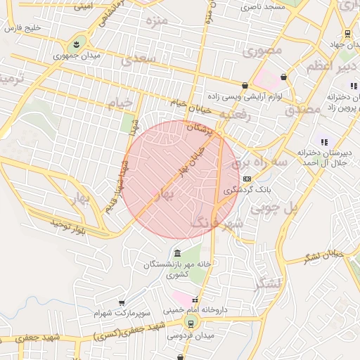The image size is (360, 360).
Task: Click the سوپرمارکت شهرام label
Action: tap(122, 311)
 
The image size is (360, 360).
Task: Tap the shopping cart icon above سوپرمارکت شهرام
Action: tap(122, 302)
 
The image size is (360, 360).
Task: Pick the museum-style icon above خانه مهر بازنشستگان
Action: tap(176, 253)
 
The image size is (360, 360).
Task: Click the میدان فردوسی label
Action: tap(189, 335)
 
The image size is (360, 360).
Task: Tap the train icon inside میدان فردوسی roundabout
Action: tap(189, 324)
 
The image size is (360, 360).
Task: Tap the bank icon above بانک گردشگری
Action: tap(247, 179)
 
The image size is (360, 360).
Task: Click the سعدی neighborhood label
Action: tap(137, 60)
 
